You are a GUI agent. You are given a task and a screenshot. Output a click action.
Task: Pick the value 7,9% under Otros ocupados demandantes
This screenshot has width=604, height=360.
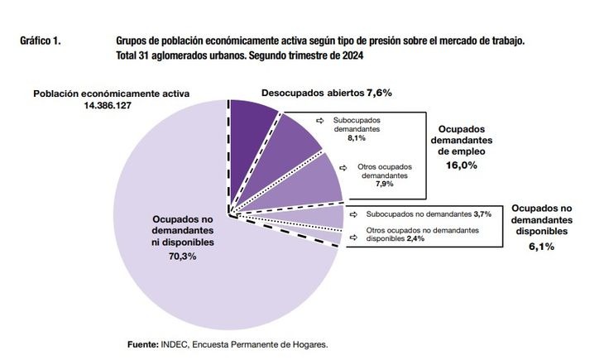coord(383,185)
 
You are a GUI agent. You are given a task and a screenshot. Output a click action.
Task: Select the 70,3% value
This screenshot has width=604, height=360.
coord(184,257)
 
